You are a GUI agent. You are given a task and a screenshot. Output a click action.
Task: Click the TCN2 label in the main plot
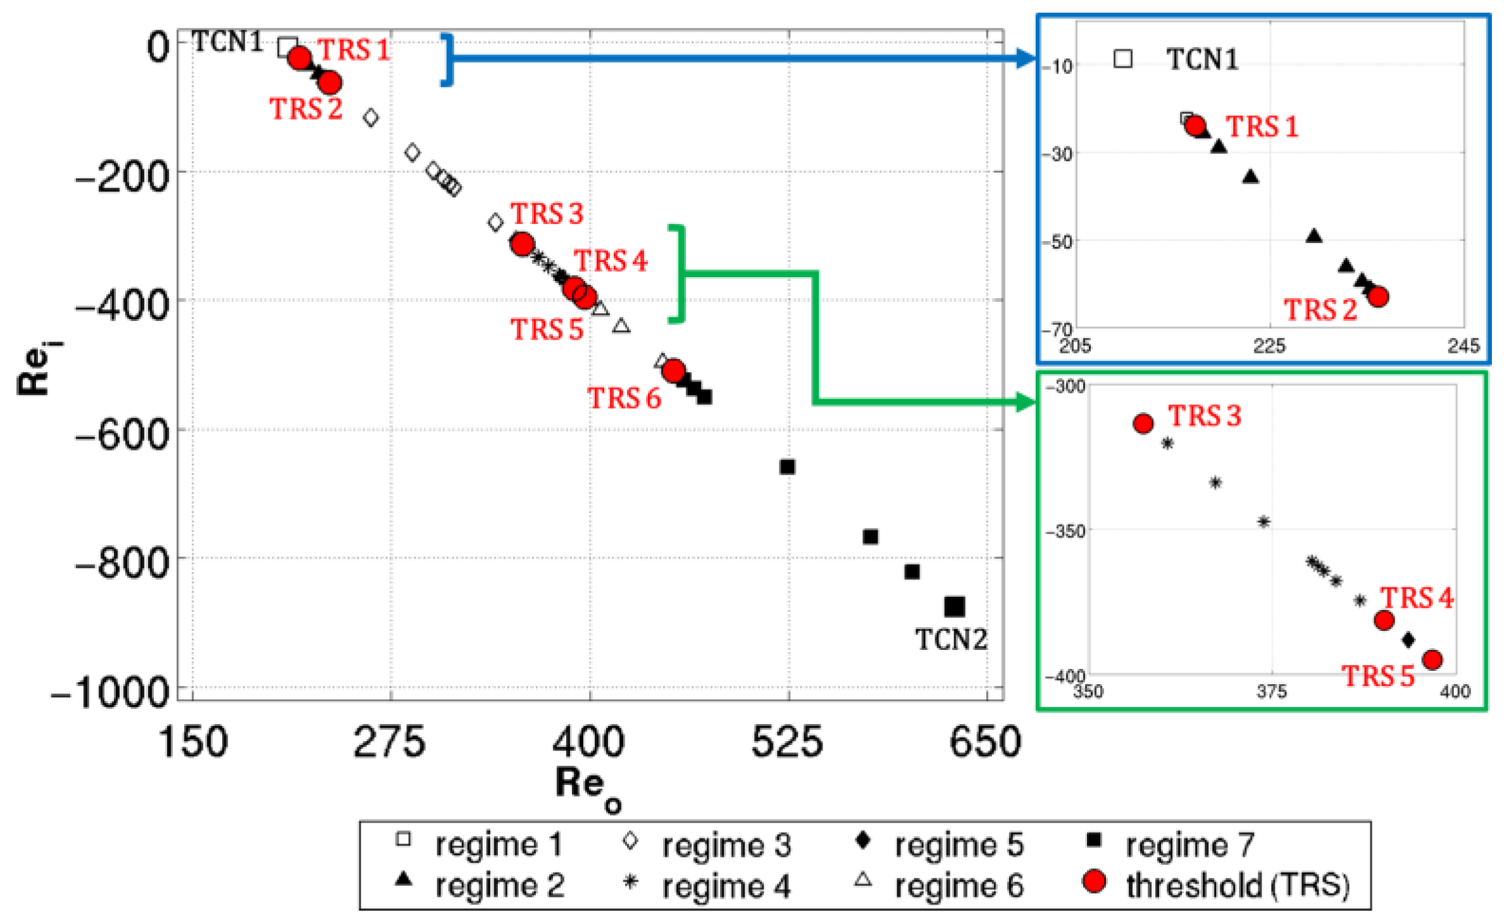[950, 640]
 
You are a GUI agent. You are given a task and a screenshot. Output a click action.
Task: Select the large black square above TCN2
[954, 606]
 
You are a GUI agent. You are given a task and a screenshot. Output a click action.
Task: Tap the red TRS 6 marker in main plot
[673, 370]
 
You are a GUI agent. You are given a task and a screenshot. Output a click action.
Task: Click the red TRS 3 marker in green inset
[1143, 423]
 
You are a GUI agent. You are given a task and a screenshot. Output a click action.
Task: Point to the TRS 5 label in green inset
[1377, 676]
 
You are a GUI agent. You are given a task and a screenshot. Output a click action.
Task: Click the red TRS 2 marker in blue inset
[1378, 296]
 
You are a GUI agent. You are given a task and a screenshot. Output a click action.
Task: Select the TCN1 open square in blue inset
[1122, 59]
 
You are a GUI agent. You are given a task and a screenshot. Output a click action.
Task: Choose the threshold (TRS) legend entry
[1237, 885]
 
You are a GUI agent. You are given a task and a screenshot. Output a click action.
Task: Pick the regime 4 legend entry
[726, 886]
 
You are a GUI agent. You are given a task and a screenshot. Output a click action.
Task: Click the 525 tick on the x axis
[787, 742]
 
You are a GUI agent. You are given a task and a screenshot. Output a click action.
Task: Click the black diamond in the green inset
[1408, 640]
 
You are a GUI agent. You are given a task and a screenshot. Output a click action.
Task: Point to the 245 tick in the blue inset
[1463, 346]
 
